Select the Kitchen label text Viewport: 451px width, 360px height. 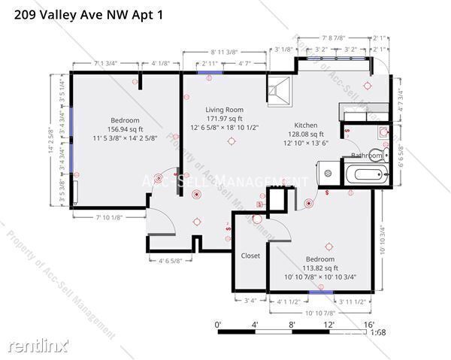point(305,125)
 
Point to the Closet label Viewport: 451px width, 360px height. point(250,256)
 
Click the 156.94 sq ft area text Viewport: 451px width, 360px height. point(125,129)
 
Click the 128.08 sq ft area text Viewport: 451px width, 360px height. point(305,134)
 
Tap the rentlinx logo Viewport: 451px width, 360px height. point(38,345)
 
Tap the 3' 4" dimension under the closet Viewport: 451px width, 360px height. point(250,302)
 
